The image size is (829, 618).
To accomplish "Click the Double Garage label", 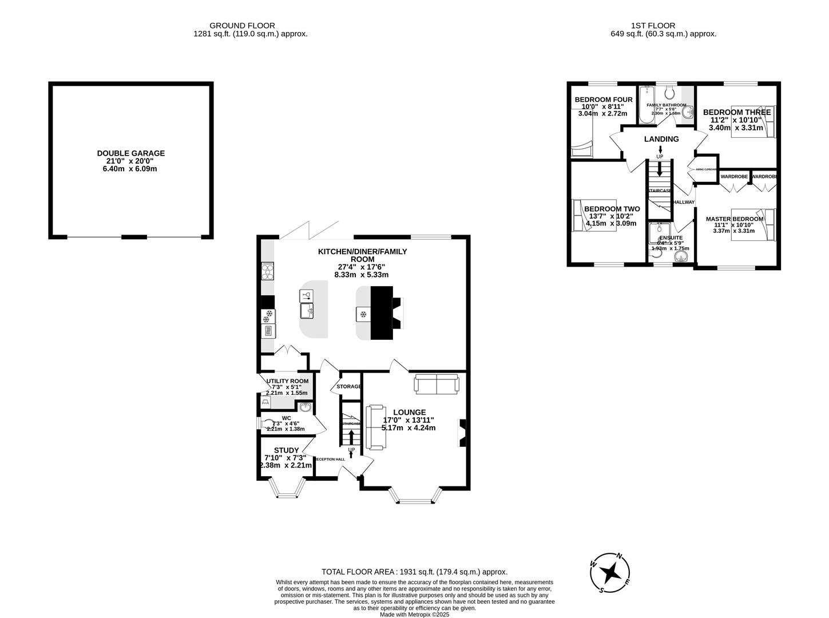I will click(130, 153).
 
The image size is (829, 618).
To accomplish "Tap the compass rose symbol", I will click(610, 572).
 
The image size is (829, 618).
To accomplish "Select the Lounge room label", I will click(409, 412).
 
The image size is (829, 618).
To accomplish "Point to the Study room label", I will click(286, 450).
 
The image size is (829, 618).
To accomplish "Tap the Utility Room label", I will click(287, 381).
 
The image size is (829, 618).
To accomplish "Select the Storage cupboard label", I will click(349, 387).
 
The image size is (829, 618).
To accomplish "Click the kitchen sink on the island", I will click(307, 311).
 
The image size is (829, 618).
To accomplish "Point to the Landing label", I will click(661, 139).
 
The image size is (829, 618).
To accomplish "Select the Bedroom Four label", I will click(604, 100).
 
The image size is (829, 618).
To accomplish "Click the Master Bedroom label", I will click(735, 219).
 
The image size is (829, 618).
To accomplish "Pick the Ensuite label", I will click(670, 237).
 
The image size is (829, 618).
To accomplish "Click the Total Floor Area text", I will click(414, 572).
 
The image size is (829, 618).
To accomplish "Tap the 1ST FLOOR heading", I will click(653, 26).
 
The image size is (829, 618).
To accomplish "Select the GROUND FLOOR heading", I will click(242, 26).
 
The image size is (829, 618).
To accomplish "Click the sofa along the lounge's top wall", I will click(436, 385).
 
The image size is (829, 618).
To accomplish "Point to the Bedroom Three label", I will click(737, 112).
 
